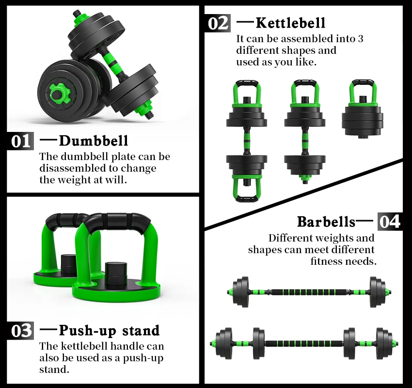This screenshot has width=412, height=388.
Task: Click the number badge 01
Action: tap(21, 141)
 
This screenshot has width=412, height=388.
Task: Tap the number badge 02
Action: tap(218, 23)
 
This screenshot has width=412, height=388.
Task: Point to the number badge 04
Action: tap(390, 222)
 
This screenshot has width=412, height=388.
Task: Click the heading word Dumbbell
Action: tap(94, 141)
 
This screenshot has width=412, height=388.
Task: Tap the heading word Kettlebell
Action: tap(290, 23)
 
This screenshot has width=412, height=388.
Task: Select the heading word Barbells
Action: tap(326, 222)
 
